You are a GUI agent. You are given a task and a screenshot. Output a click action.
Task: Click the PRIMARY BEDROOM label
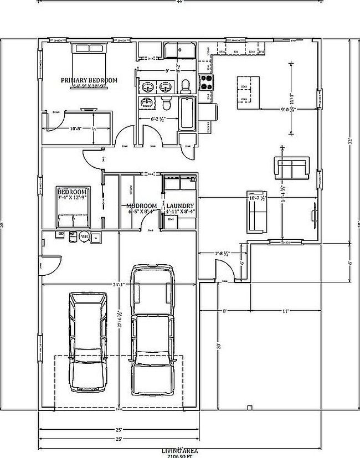pos(89,80)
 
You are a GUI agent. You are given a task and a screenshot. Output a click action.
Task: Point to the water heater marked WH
pos(85,236)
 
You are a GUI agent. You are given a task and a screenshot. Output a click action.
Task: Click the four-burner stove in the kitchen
pos(207,83)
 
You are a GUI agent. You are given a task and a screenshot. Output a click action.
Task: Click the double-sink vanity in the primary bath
pos(155,86)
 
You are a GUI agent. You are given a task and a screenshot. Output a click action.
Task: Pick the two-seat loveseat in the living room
pos(290,168)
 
